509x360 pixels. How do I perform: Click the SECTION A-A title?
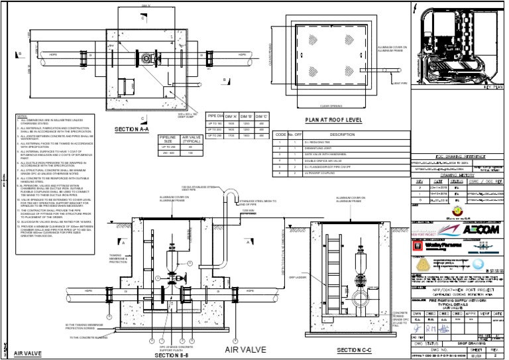pos(131,129)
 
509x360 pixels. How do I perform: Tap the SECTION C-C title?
pos(355,349)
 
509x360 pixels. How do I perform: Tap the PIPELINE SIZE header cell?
pos(168,140)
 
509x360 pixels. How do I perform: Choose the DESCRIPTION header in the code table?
pos(333,134)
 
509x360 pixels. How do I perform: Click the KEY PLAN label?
pos(492,87)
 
